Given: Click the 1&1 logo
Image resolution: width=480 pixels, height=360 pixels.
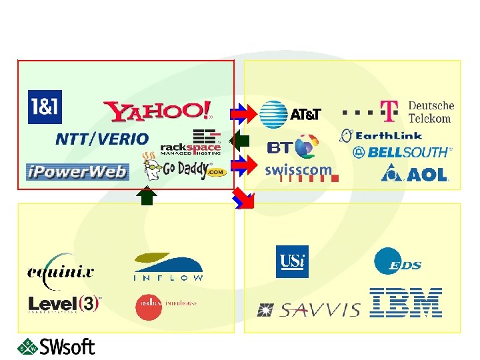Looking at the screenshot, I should [x=45, y=107].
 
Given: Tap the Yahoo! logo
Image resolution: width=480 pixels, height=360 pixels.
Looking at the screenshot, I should [x=159, y=111].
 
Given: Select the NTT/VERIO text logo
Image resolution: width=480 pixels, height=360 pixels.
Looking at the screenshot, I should [x=102, y=139].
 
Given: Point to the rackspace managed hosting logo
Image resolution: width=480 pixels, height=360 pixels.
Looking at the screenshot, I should [x=191, y=141].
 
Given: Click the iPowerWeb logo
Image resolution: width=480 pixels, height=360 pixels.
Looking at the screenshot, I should [x=77, y=172].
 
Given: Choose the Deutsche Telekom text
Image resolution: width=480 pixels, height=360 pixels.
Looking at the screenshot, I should [x=430, y=112].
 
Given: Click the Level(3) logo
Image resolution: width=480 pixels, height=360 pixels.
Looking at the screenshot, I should [x=64, y=303].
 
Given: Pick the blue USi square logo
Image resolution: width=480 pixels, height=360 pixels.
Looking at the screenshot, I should [x=292, y=261].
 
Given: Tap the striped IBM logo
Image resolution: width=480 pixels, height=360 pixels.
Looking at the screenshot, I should [x=406, y=302].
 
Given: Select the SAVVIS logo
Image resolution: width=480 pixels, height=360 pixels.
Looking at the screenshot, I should [x=309, y=309].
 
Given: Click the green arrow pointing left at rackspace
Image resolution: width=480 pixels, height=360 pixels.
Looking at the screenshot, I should [x=239, y=141].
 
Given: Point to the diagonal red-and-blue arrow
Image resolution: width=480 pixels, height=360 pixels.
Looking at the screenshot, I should [x=244, y=199].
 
